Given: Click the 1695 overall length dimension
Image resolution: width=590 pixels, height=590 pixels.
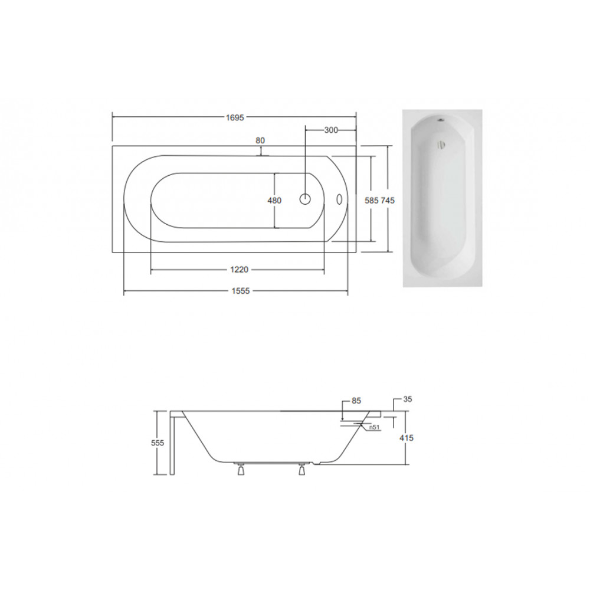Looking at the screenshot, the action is [x=235, y=117].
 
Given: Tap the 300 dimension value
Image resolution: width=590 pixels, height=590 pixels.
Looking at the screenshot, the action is [x=331, y=130].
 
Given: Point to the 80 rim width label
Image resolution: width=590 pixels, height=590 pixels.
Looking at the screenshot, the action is [x=260, y=140].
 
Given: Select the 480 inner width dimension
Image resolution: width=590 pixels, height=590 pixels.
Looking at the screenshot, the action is [x=274, y=201].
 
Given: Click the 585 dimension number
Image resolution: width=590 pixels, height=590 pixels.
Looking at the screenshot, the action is [x=371, y=201].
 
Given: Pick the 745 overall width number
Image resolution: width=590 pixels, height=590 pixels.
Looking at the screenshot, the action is [x=388, y=201].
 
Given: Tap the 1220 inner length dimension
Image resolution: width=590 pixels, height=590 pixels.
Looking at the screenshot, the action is [x=240, y=270].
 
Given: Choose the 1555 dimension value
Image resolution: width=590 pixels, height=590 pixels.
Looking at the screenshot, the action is [x=241, y=291].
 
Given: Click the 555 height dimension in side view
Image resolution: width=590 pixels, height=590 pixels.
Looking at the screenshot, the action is [x=158, y=443].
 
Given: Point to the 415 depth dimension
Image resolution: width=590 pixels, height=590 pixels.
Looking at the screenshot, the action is [x=407, y=438].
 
